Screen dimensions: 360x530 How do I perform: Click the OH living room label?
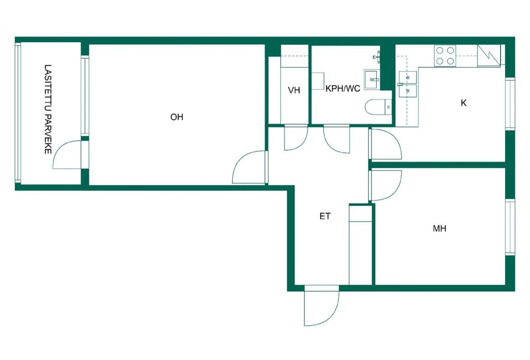click(177, 117)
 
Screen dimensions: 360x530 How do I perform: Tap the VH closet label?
click(294, 90)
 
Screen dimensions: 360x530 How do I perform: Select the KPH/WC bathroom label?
click(343, 89)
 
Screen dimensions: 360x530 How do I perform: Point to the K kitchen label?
click(464, 103)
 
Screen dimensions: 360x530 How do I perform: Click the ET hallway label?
click(325, 216)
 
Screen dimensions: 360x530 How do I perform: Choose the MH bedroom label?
click(439, 228)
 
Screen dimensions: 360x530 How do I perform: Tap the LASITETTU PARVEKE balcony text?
click(48, 109)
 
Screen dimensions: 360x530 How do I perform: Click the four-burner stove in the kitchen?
click(445, 56)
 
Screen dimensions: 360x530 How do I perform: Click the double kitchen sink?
click(407, 84)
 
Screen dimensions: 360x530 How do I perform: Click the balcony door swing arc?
click(66, 155)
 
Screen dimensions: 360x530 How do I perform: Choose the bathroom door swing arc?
click(337, 138)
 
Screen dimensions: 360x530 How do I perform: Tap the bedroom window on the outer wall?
click(511, 227)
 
